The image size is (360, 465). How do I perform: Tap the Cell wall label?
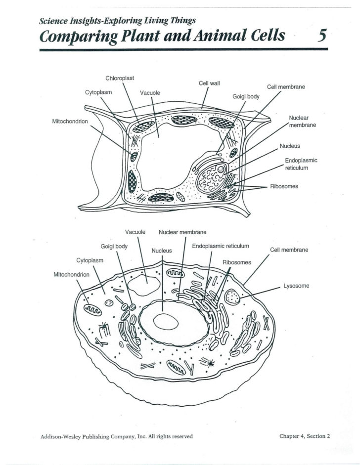coord(209,83)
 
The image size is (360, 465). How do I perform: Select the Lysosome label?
coord(296,286)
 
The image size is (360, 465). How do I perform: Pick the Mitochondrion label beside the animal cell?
coord(71,274)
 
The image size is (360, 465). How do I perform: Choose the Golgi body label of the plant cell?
coord(246,96)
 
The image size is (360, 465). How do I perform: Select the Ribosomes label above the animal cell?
coord(237,262)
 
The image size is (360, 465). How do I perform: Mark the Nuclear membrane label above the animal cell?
coord(182,232)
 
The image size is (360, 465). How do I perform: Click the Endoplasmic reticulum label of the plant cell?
coord(301,164)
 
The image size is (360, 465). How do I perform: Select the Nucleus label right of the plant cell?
coord(290,146)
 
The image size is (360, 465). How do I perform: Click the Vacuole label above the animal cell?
coord(135,232)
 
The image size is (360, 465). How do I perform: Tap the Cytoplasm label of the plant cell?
coord(98,92)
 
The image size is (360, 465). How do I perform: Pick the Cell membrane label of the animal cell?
coord(289,250)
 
